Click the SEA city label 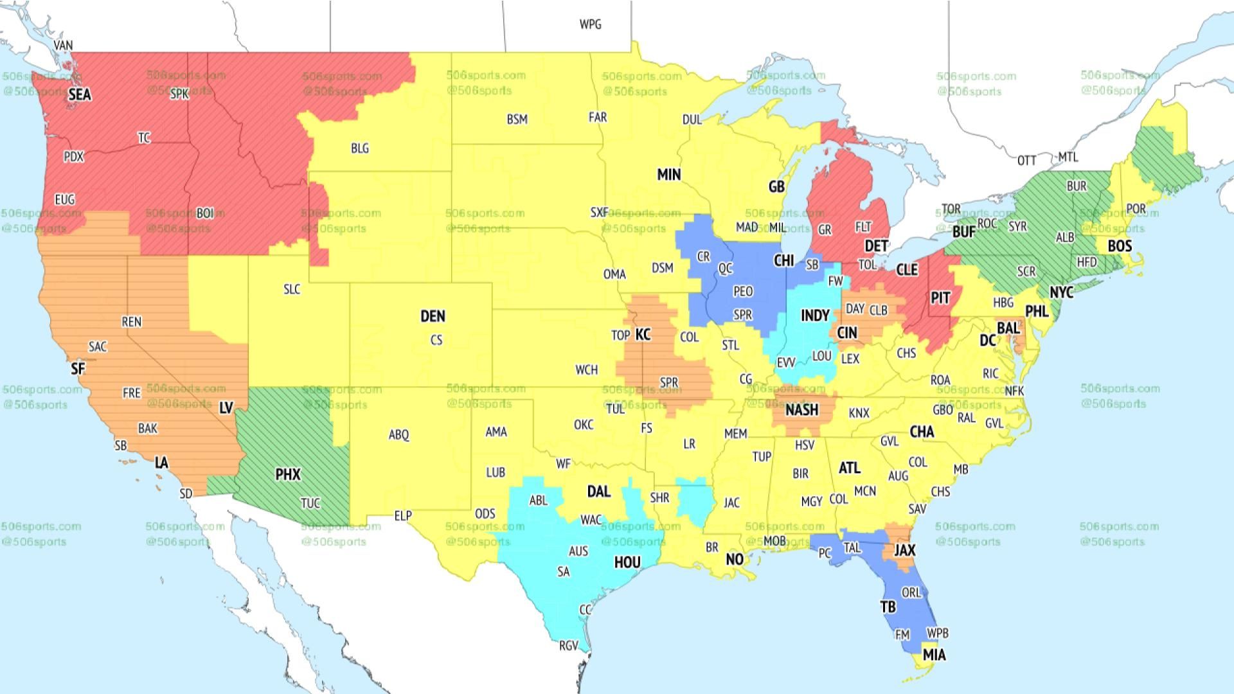[80, 94]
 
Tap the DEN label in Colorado [433, 316]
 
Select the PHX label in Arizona [287, 474]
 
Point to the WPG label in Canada [590, 24]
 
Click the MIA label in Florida [934, 655]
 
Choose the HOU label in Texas [627, 563]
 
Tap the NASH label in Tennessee [801, 409]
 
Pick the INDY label [814, 316]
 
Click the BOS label [1120, 246]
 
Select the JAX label [904, 550]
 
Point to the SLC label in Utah [292, 289]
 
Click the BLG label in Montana [360, 148]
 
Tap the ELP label [403, 515]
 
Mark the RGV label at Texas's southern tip [568, 646]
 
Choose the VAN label [63, 46]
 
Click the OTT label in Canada [1026, 160]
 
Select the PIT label [940, 298]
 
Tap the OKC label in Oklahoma [584, 425]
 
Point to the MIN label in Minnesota [668, 174]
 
